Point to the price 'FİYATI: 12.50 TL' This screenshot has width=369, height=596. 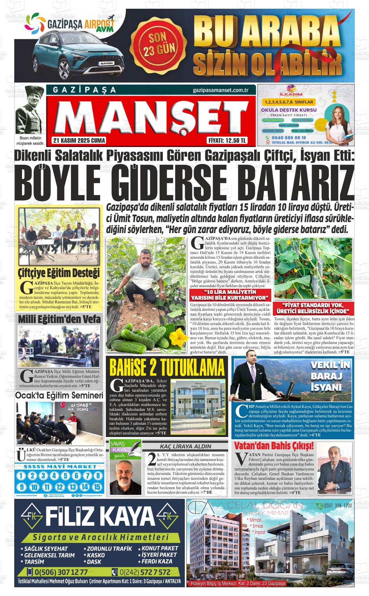coord(227,141)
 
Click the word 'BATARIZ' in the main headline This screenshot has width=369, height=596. coord(299,183)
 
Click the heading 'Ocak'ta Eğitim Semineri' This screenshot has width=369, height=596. coord(59,395)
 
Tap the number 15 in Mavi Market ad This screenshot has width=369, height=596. coord(97,487)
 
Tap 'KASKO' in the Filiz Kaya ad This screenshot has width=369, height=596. coord(96,555)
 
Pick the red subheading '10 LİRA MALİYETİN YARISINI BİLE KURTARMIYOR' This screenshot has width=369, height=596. coord(230,295)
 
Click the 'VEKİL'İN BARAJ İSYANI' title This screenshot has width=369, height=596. coord(330,376)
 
